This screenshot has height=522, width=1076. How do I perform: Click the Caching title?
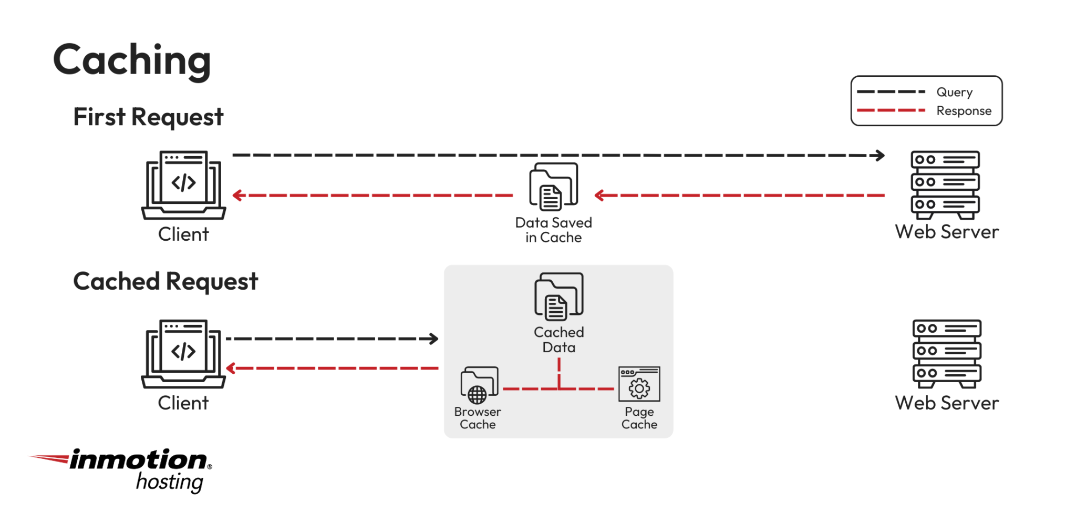click(x=132, y=60)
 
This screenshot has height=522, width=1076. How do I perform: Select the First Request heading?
click(x=148, y=117)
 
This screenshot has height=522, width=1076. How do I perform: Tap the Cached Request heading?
click(x=165, y=281)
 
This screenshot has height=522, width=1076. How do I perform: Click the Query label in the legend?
click(x=954, y=92)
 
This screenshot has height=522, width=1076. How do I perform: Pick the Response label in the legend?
click(x=964, y=111)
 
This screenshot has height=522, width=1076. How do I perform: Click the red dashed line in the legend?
click(x=891, y=110)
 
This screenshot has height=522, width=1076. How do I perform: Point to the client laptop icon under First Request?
click(x=183, y=185)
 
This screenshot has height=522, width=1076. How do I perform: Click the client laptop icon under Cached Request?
click(x=183, y=353)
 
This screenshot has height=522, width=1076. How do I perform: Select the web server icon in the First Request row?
click(x=945, y=185)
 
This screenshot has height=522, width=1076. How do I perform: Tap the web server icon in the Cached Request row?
click(x=947, y=353)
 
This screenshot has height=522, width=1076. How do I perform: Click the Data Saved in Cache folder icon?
click(x=553, y=186)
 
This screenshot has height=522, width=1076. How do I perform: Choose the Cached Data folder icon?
click(x=558, y=296)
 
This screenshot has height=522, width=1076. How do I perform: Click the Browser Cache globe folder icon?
click(x=479, y=384)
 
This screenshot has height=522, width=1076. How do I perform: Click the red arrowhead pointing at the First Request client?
click(x=237, y=196)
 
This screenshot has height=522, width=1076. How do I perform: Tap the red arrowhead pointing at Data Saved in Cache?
click(x=599, y=196)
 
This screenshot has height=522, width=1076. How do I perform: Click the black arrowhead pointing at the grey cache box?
click(x=434, y=339)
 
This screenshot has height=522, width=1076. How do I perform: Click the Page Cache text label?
click(x=639, y=418)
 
